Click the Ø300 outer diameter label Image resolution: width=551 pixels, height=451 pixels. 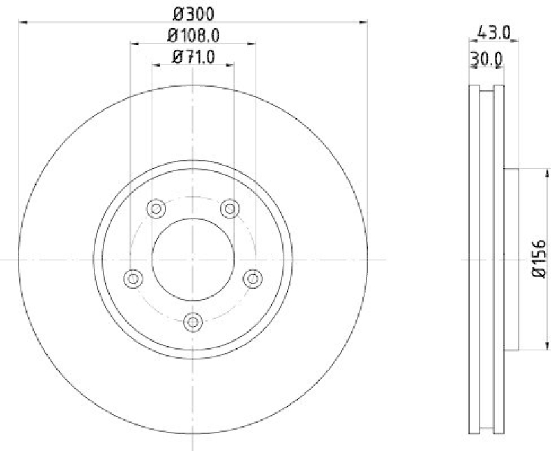click(x=192, y=12)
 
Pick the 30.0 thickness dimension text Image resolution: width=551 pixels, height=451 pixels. click(x=486, y=60)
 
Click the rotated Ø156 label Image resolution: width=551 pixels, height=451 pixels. click(x=539, y=259)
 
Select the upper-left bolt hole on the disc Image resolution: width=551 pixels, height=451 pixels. click(x=156, y=207)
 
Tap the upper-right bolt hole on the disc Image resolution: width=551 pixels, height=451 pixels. click(x=229, y=207)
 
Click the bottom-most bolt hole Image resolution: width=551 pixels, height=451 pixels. click(x=194, y=320)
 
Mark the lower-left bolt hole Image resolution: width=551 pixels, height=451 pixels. click(x=134, y=277)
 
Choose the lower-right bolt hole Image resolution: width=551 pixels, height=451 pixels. click(x=253, y=277)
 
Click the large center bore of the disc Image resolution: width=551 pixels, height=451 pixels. click(x=194, y=260)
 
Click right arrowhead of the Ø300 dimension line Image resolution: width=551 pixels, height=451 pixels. click(x=363, y=23)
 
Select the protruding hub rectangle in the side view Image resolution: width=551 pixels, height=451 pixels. click(x=512, y=260)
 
